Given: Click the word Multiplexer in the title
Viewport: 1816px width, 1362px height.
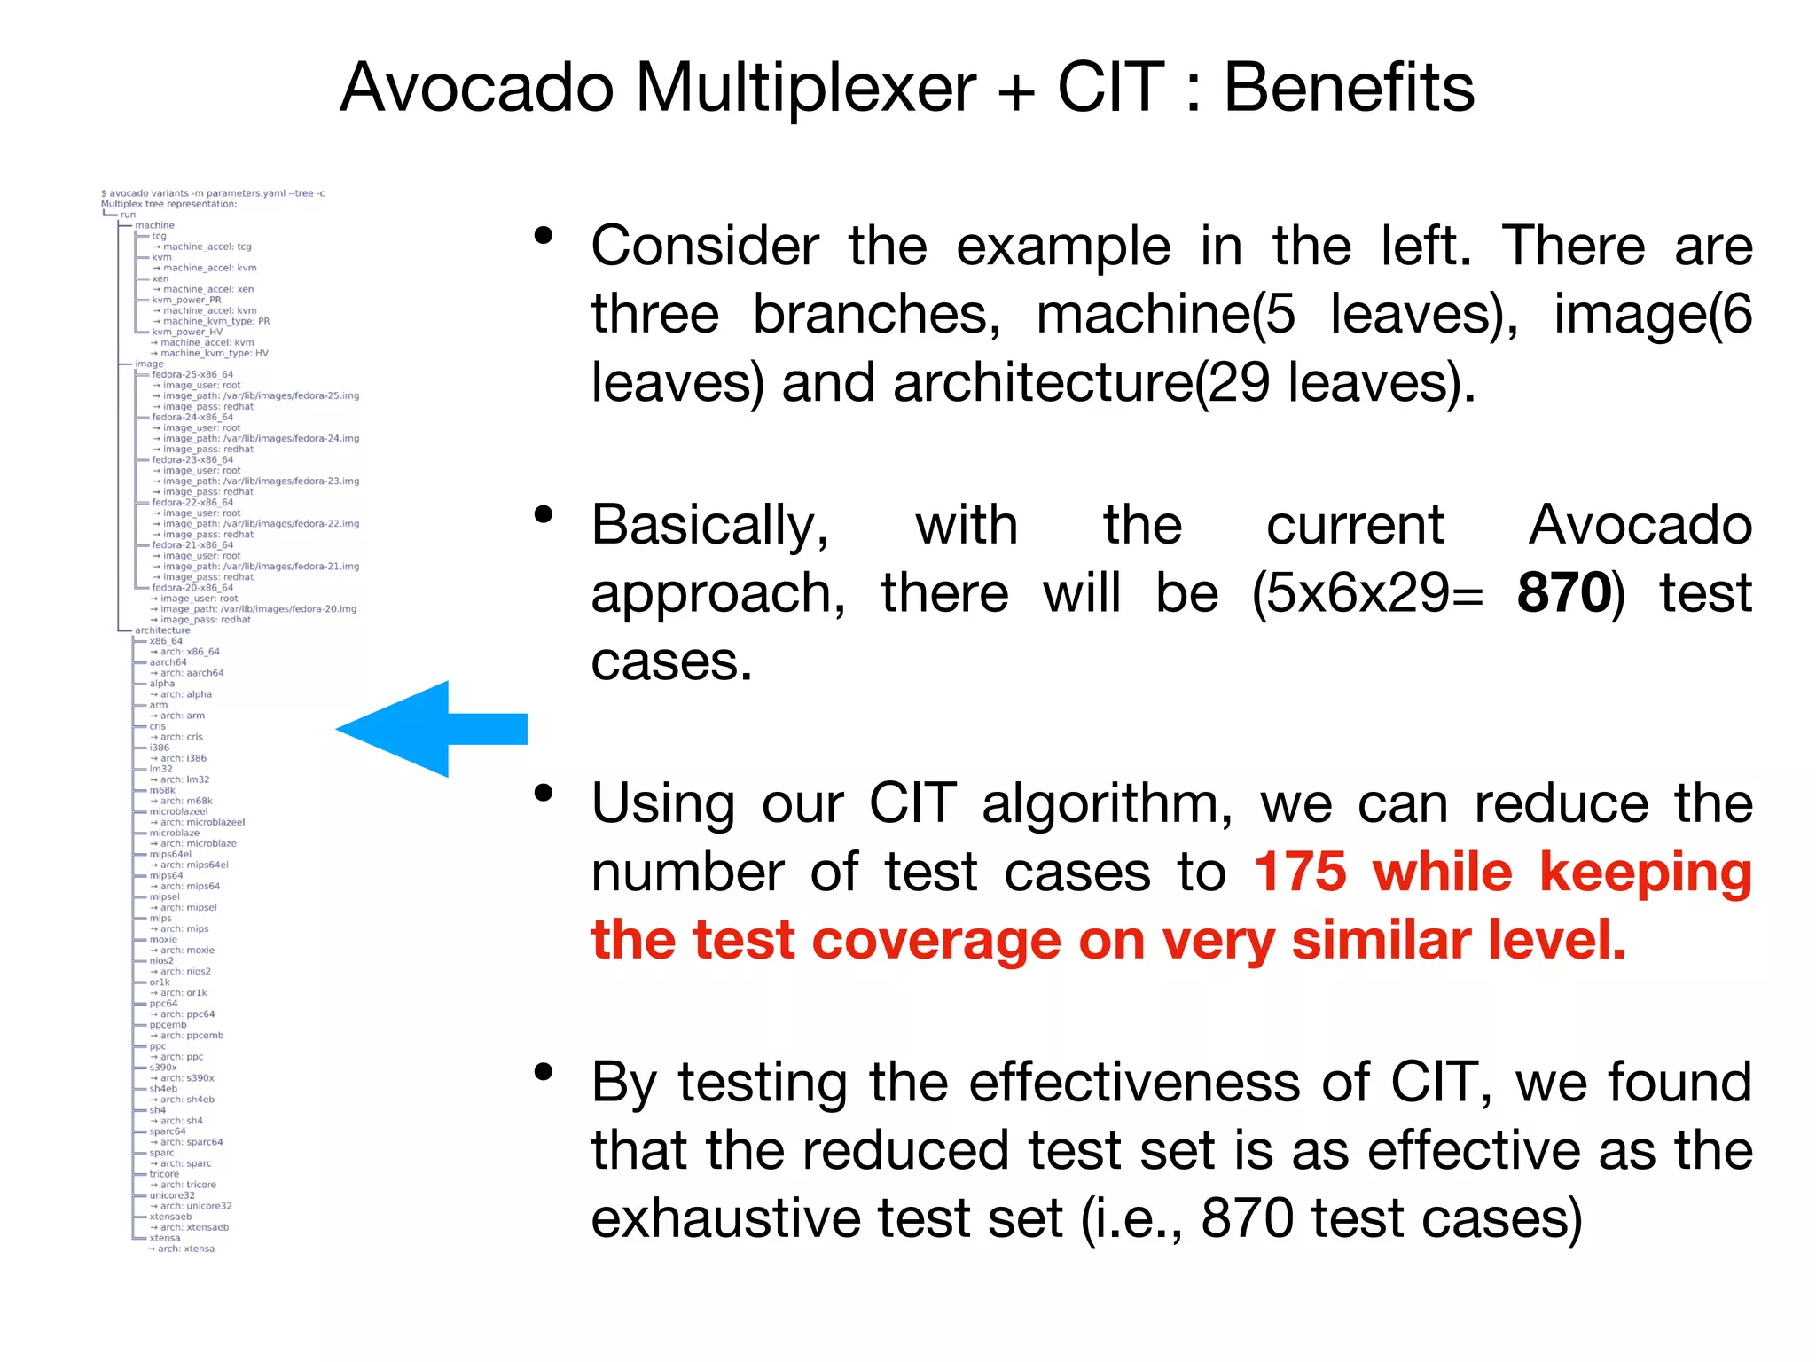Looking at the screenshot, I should [805, 89].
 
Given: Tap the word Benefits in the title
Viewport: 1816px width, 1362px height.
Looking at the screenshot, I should [1349, 89].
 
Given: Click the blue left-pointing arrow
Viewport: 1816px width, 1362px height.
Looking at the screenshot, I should [431, 729].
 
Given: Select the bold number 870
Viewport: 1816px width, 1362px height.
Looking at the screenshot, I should [1563, 593].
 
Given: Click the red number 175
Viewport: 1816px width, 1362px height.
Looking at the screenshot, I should [1300, 873].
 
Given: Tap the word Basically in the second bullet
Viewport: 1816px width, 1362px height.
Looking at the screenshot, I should [709, 526].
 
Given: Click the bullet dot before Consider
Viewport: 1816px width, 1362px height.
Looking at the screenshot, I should [544, 236].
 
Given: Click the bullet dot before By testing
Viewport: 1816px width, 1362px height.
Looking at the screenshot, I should [544, 1073].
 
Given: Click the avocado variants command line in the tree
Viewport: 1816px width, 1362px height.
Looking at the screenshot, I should [213, 193].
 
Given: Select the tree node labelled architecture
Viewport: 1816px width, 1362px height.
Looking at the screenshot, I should [162, 630].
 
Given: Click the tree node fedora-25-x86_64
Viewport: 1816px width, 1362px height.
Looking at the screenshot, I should [192, 374].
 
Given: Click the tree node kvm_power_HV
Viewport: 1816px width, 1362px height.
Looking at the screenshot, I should [187, 332].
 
